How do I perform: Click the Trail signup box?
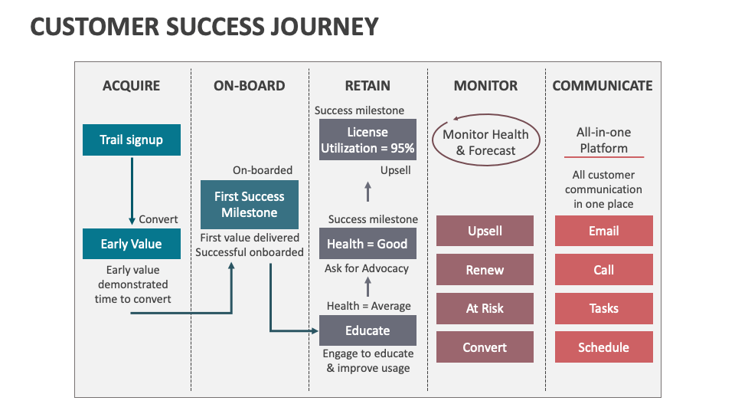coord(131,140)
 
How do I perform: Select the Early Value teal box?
coord(131,244)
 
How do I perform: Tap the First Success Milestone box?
coord(250,205)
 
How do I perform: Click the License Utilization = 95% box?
coord(367,140)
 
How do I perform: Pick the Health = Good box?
coord(367,244)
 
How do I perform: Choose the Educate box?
coord(367,330)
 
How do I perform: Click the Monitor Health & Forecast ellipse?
coord(485,143)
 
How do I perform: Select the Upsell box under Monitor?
coord(485,231)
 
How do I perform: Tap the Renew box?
coord(485,270)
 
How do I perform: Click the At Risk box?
coord(485,308)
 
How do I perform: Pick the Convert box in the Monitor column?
coord(485,347)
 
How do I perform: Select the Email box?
coord(603,231)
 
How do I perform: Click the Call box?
coord(603,270)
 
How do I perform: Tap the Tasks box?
coord(603,308)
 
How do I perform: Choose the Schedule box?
coord(603,347)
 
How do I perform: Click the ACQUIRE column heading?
coord(131,86)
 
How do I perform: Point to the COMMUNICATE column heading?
coord(603,86)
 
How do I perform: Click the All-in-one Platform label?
coord(603,140)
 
